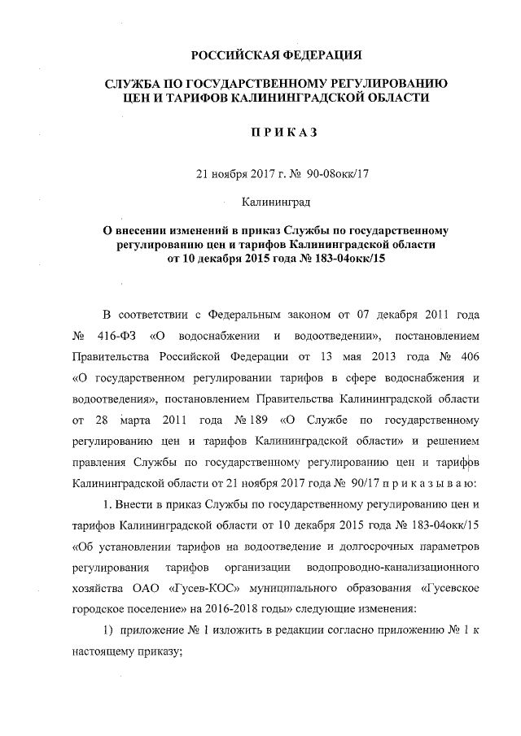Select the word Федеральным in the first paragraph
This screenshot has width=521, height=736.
248,314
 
